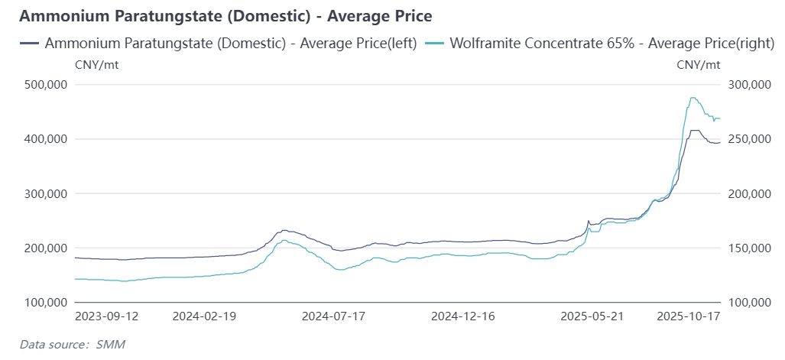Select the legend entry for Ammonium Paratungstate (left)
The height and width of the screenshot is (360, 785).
pos(218,44)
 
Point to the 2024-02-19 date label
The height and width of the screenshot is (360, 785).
pos(204,315)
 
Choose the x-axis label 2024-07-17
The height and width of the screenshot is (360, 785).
pos(333,315)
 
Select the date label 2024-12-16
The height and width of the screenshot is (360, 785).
pos(463,315)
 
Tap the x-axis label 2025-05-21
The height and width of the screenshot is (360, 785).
pos(593,315)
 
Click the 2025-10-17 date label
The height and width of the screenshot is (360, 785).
pos(689,315)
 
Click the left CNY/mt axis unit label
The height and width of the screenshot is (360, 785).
pos(96,64)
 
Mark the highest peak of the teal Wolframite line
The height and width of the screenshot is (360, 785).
pos(692,98)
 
